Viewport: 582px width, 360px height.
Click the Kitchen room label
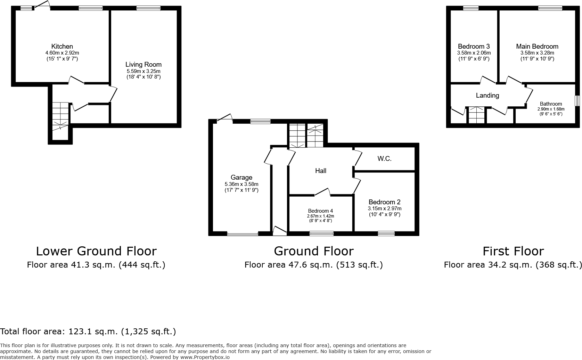click(62, 47)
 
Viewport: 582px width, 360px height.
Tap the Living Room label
click(143, 65)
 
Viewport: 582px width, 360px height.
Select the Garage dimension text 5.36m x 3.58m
click(241, 184)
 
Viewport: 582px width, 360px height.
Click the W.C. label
click(384, 159)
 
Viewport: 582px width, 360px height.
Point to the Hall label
click(320, 171)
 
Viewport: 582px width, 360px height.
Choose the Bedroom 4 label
click(320, 211)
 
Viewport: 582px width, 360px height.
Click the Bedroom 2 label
click(384, 202)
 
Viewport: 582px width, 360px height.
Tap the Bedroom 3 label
click(474, 47)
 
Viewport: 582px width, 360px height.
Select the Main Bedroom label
click(537, 47)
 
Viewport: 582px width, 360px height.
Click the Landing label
click(487, 95)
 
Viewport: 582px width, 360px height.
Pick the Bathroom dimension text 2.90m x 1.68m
click(551, 109)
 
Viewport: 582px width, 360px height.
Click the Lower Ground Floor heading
click(96, 251)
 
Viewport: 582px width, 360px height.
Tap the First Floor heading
click(513, 251)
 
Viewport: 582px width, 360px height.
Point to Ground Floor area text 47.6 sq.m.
click(313, 265)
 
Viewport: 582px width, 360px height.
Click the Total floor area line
click(88, 332)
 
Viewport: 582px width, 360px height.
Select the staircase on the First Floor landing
click(476, 115)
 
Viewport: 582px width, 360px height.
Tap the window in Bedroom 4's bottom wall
click(321, 233)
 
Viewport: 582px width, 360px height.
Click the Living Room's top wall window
click(148, 8)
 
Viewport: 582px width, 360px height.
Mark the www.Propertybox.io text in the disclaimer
click(205, 357)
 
